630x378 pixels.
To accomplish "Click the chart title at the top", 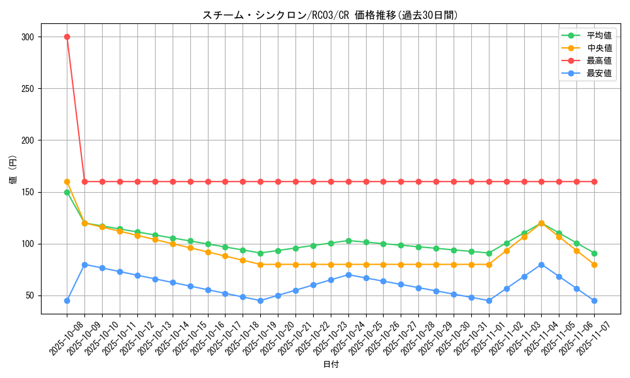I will click(x=330, y=15).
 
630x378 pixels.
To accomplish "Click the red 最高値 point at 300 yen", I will click(x=67, y=37).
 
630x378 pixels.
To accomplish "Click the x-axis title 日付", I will click(x=331, y=365).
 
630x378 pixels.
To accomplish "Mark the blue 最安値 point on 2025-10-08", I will click(x=67, y=301).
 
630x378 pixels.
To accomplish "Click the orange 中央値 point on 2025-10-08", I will click(x=67, y=181).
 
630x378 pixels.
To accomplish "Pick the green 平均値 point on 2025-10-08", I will click(x=67, y=192).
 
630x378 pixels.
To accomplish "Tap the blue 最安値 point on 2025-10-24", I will click(x=348, y=275).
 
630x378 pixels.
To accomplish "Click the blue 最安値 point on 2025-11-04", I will click(x=541, y=265).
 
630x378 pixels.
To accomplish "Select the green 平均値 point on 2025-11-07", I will click(x=594, y=253).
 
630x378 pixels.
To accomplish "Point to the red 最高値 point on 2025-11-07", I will click(x=594, y=181).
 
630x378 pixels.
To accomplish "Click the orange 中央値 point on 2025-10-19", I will click(x=260, y=265).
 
